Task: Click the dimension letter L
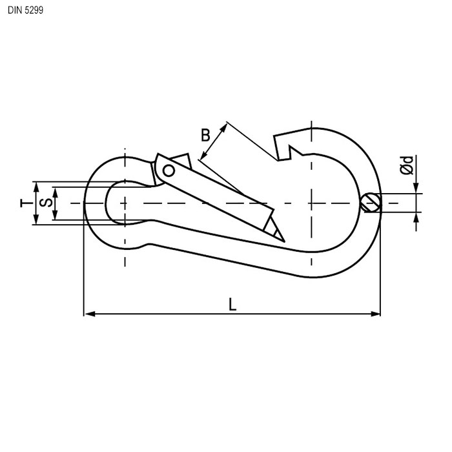coord(232,303)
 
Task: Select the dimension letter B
coord(205,135)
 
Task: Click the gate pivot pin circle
coord(169,171)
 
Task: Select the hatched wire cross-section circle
coord(371,203)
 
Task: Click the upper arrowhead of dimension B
coord(224,127)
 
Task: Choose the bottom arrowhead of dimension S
coord(55,215)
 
